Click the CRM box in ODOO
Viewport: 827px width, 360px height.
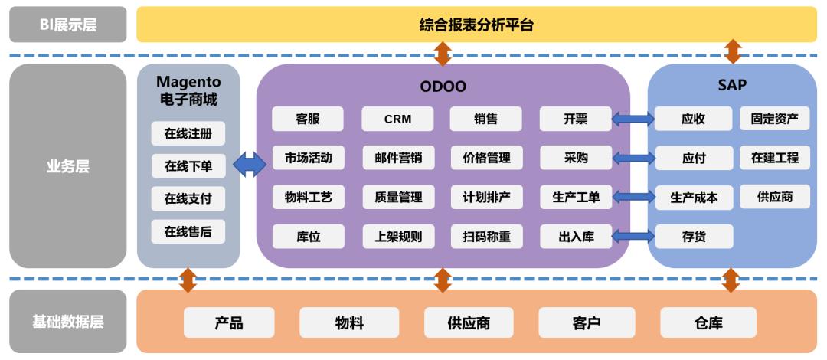[x=397, y=119]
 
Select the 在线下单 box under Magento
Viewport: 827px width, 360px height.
[x=188, y=165]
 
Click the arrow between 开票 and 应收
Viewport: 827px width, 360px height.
[x=633, y=119]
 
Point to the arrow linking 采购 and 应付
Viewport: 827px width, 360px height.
[x=633, y=158]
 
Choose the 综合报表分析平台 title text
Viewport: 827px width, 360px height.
[x=477, y=25]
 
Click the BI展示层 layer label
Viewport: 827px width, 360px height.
[x=68, y=25]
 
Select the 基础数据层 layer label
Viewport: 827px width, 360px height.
[x=68, y=321]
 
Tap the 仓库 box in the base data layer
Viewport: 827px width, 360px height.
[x=708, y=322]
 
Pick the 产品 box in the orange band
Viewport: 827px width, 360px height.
[x=229, y=322]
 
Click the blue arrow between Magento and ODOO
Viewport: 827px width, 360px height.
[x=249, y=165]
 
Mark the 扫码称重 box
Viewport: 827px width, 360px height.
[x=486, y=237]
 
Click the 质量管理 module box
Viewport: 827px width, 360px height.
[x=397, y=198]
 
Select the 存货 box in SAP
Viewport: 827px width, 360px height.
[x=694, y=237]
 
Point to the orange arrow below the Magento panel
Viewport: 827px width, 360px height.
[x=188, y=280]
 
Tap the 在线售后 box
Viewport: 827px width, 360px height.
[x=188, y=231]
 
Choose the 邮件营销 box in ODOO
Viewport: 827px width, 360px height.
[x=397, y=158]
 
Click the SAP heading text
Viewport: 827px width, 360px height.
[x=732, y=86]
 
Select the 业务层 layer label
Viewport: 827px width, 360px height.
[x=68, y=165]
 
